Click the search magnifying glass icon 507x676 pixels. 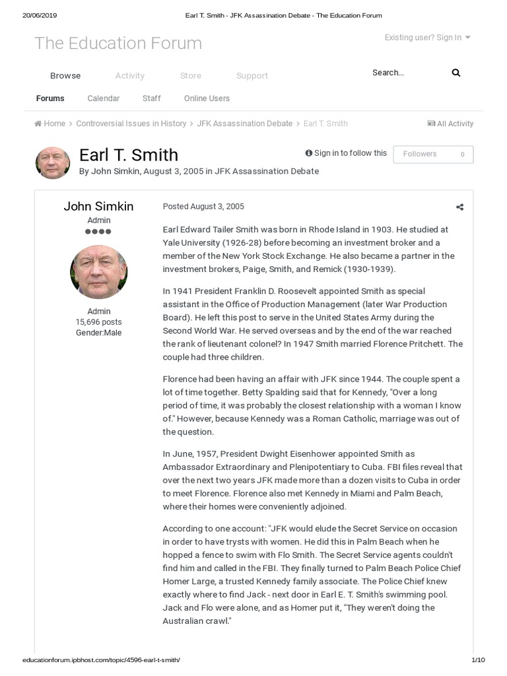[x=456, y=73]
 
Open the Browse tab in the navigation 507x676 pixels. [x=65, y=76]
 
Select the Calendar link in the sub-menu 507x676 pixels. [x=104, y=98]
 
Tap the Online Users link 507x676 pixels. [x=207, y=98]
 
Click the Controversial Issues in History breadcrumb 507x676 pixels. [x=131, y=123]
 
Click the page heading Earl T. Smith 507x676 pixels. [x=129, y=154]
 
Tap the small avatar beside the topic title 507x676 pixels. [x=53, y=163]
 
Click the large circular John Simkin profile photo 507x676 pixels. [x=98, y=271]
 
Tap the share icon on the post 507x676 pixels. [x=460, y=207]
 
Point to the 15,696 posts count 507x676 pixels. [x=98, y=322]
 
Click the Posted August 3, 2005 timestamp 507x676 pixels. [x=203, y=207]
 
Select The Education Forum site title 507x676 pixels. [x=118, y=44]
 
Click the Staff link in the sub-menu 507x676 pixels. [x=151, y=98]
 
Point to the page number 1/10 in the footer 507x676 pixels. [x=478, y=660]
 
